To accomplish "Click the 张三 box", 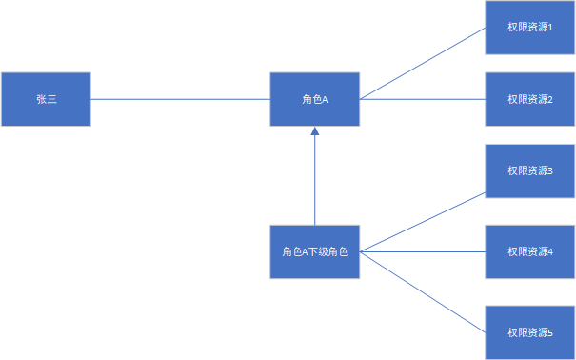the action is click(x=46, y=99).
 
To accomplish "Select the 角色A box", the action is click(x=315, y=99).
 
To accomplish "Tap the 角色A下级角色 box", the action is click(x=315, y=251).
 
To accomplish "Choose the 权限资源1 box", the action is click(x=530, y=28).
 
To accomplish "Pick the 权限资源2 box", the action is click(x=530, y=99).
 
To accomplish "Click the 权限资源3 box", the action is click(x=530, y=170).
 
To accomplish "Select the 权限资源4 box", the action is click(x=530, y=251).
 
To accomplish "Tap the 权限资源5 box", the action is click(x=530, y=332).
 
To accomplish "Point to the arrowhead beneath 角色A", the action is click(x=315, y=131).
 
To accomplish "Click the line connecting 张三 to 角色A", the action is click(x=181, y=99).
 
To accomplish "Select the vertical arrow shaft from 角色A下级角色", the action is click(x=315, y=181).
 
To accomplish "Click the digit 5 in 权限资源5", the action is click(x=550, y=332).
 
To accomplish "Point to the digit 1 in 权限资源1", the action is click(x=550, y=28).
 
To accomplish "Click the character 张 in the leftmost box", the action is click(x=41, y=99).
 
